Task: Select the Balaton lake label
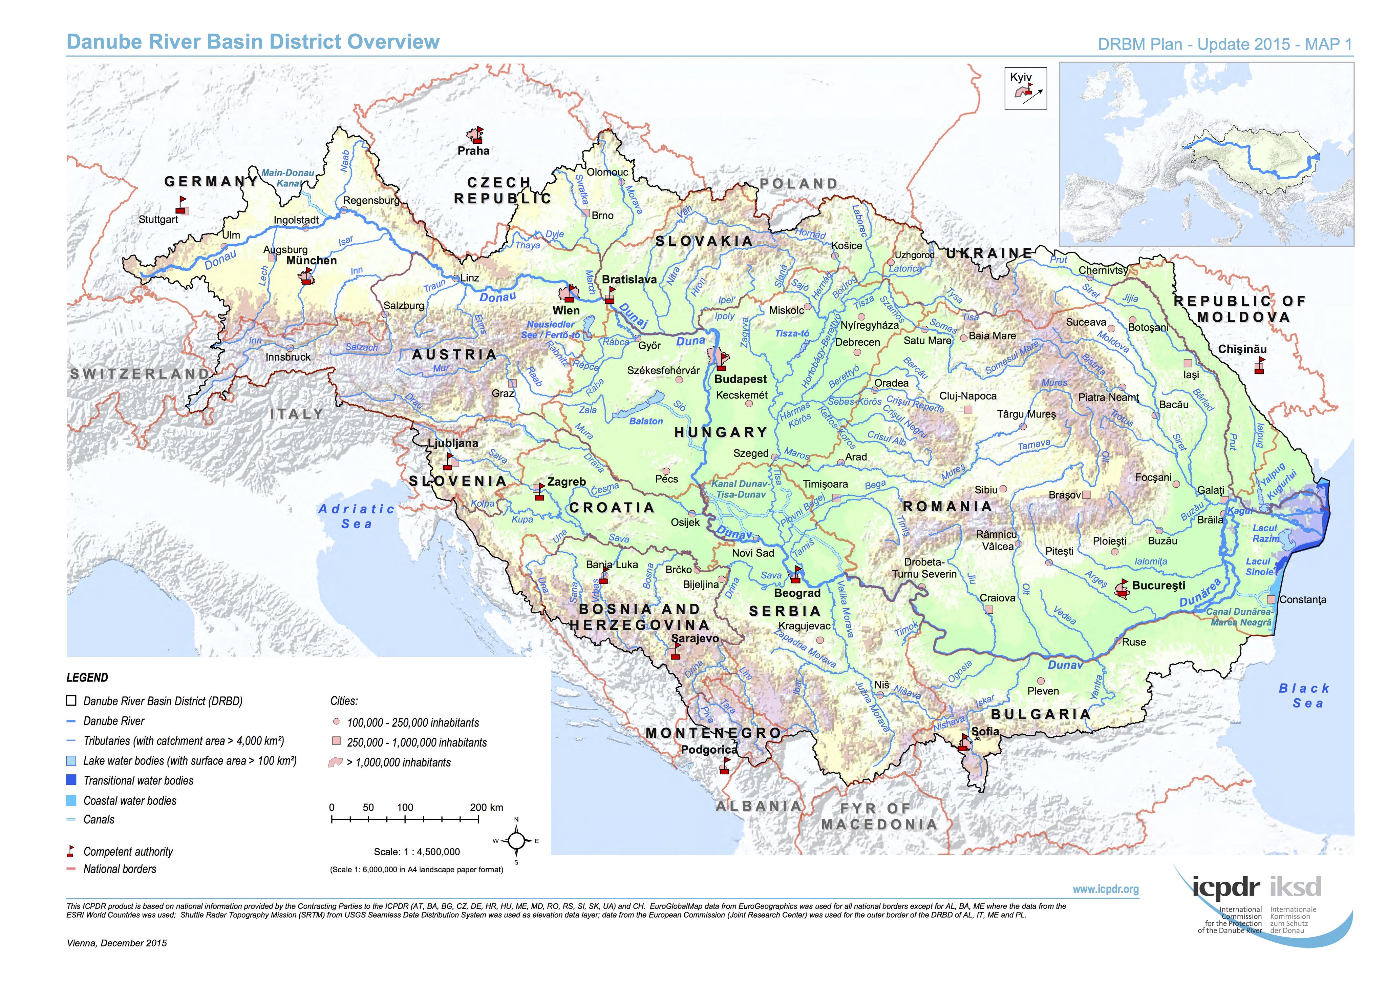[646, 421]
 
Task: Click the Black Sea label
[1304, 696]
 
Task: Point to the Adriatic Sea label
[357, 516]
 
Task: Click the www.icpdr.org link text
[1106, 889]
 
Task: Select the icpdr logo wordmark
[1226, 887]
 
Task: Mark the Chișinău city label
[1242, 349]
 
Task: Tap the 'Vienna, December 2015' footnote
[116, 943]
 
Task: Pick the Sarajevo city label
[695, 638]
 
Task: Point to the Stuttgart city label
[158, 219]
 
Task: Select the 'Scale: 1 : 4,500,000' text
[417, 852]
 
